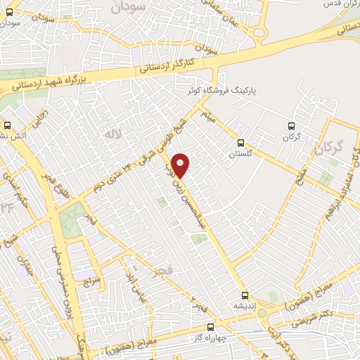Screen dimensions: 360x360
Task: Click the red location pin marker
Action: click(181, 165)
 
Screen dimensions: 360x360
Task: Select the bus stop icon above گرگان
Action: click(290, 126)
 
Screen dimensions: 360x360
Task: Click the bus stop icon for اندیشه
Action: click(245, 295)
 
